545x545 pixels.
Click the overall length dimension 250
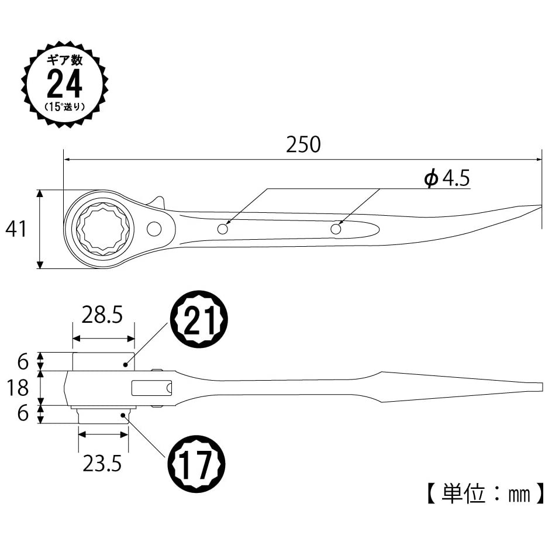(303, 144)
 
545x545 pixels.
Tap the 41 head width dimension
(16, 229)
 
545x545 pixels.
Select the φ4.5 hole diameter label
(447, 178)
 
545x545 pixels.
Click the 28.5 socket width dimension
(102, 315)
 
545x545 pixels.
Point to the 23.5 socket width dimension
(102, 463)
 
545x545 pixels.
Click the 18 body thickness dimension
(18, 388)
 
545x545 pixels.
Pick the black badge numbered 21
(198, 319)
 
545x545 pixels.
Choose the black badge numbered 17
(196, 464)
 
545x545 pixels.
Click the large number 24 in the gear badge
(65, 84)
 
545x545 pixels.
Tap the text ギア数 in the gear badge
(65, 60)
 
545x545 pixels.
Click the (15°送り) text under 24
(65, 106)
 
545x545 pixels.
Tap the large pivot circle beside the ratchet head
(154, 229)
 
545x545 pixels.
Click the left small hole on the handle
(222, 229)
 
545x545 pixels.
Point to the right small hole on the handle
(336, 229)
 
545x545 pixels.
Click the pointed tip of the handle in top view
(541, 206)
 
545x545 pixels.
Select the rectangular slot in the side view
(151, 388)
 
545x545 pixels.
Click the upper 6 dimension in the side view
(23, 361)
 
